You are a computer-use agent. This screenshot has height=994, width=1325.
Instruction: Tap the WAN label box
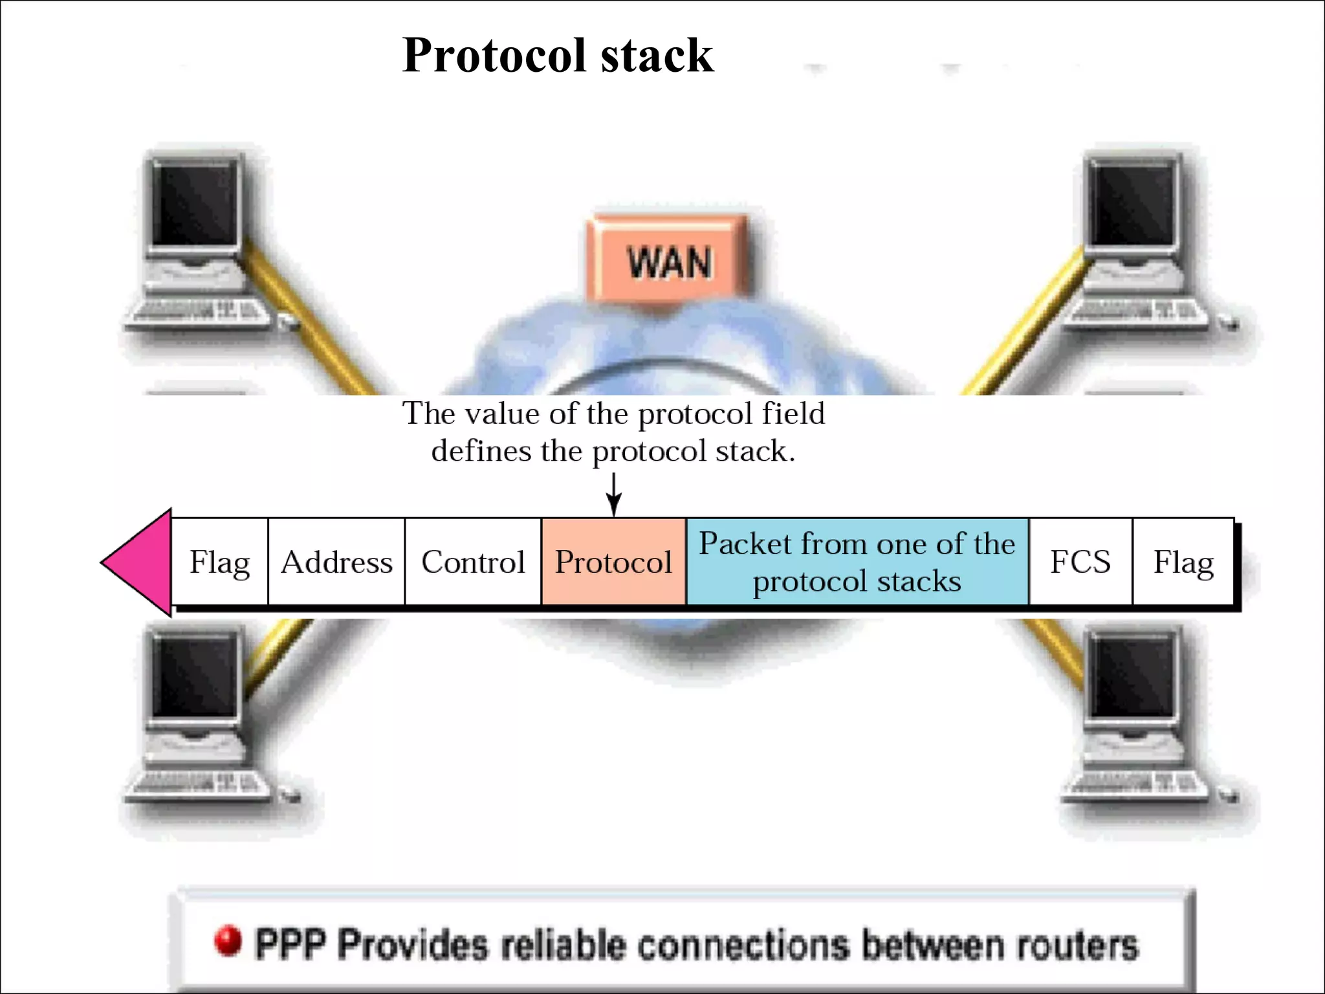pyautogui.click(x=669, y=261)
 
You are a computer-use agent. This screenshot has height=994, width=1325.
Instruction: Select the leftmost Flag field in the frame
pyautogui.click(x=219, y=561)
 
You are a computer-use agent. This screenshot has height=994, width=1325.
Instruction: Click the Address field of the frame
pyautogui.click(x=336, y=561)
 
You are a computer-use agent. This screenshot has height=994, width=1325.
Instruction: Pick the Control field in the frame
pyautogui.click(x=473, y=561)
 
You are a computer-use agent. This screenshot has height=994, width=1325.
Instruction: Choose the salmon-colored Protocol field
pyautogui.click(x=613, y=561)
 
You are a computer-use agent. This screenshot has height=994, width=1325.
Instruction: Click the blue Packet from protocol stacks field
pyautogui.click(x=857, y=561)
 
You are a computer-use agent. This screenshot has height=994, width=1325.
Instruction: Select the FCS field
pyautogui.click(x=1080, y=561)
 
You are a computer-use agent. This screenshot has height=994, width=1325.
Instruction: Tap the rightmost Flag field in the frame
pyautogui.click(x=1183, y=561)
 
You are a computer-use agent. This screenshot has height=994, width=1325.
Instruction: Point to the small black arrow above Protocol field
pyautogui.click(x=613, y=495)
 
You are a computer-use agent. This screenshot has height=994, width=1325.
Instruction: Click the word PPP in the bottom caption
pyautogui.click(x=290, y=945)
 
